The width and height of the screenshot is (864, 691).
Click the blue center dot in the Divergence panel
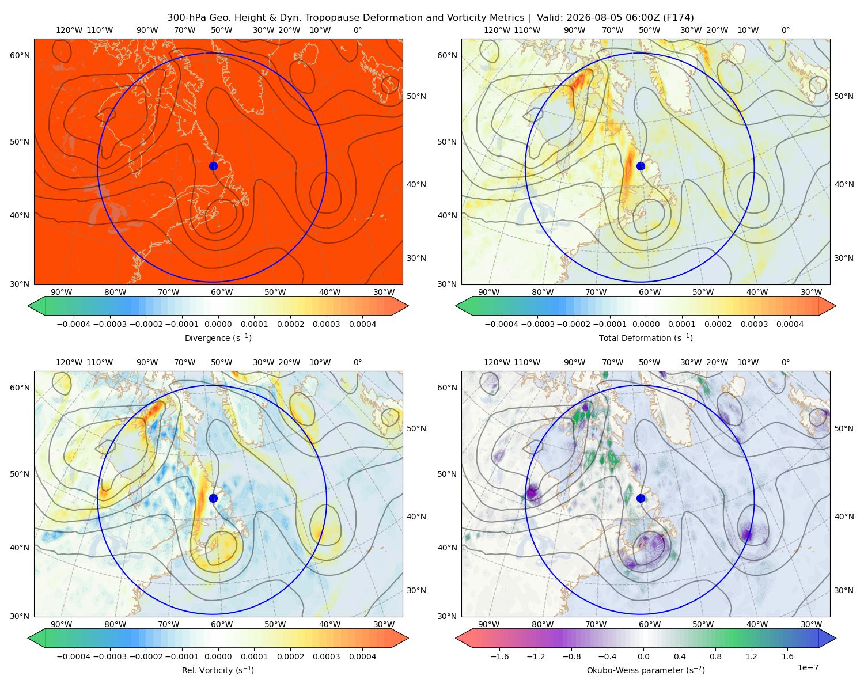click(x=213, y=166)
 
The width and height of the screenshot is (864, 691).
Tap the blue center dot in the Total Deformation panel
click(x=641, y=166)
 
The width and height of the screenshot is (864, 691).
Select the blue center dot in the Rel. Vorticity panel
click(x=213, y=498)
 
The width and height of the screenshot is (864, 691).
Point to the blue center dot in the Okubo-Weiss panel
click(x=641, y=498)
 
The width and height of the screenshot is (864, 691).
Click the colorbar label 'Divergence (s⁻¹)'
click(x=218, y=337)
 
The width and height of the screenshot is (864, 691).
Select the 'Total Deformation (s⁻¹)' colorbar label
click(x=646, y=337)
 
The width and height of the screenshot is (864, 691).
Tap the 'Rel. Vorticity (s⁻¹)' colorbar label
click(x=218, y=670)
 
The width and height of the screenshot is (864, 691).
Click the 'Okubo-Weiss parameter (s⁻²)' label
click(x=646, y=670)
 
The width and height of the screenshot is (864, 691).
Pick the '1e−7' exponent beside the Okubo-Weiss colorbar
click(x=808, y=667)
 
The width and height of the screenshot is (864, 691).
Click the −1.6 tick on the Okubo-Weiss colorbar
click(x=499, y=656)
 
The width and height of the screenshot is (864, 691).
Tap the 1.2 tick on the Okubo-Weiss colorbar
click(x=751, y=656)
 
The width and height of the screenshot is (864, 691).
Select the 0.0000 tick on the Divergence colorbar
click(x=218, y=324)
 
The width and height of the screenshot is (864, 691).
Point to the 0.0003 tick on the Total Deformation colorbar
click(x=754, y=324)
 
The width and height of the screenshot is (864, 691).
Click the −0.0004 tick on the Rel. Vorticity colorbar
click(x=74, y=656)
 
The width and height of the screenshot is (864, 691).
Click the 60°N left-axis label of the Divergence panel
click(x=20, y=55)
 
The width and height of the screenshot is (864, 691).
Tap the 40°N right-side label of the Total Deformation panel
click(x=843, y=184)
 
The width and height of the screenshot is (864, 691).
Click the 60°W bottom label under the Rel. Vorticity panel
click(x=222, y=624)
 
